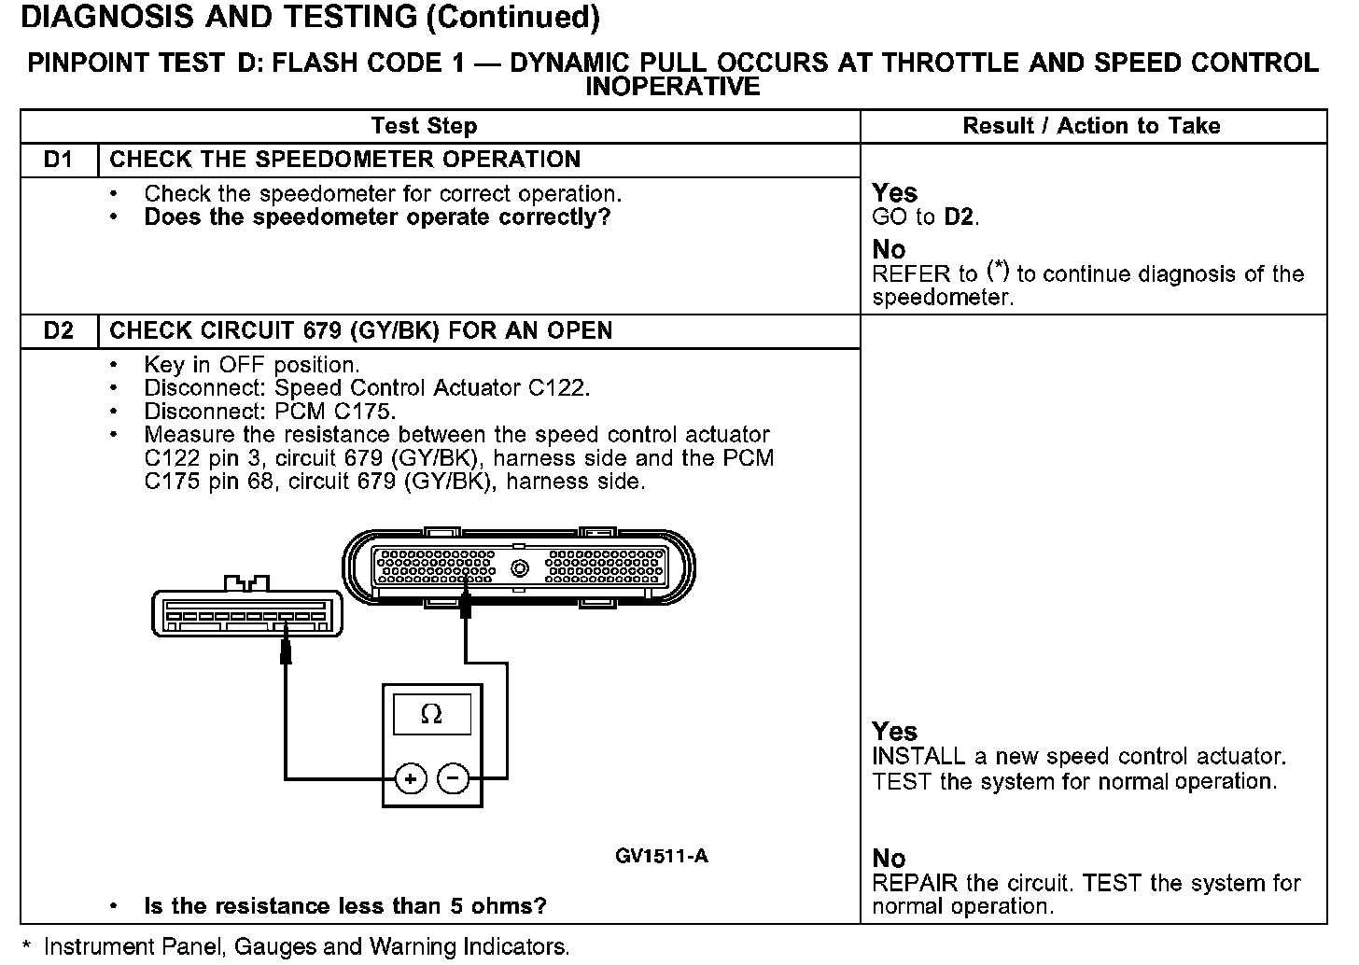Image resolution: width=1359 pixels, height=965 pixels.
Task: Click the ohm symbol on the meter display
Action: (431, 715)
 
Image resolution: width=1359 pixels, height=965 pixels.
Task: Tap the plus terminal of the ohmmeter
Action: (411, 778)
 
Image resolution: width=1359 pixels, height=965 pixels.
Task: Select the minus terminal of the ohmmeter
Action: (454, 778)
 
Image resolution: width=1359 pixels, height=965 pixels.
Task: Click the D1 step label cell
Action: (59, 160)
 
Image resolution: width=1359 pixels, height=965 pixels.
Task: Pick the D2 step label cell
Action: (59, 331)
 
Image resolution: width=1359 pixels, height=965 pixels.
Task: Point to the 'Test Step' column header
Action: (424, 126)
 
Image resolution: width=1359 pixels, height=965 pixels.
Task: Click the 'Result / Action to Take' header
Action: (1091, 126)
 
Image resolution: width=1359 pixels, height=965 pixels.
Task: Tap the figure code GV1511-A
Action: (662, 856)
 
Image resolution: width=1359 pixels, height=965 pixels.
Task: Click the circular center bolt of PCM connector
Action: (520, 567)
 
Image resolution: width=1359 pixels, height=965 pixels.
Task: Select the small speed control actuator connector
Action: (245, 612)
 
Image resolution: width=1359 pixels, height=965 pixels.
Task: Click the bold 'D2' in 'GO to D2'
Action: (960, 217)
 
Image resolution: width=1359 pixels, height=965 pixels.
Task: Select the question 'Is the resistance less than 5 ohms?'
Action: (345, 906)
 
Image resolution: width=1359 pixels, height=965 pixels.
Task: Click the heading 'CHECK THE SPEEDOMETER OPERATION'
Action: (345, 160)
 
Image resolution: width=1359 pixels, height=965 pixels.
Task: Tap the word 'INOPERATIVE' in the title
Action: (672, 87)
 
